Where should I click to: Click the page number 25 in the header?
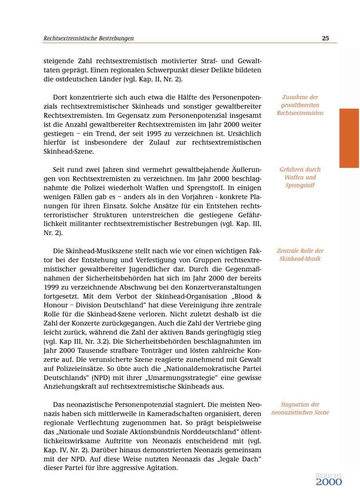click(x=325, y=38)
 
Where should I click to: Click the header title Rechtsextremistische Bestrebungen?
click(x=88, y=38)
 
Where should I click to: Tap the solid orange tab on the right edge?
click(x=349, y=138)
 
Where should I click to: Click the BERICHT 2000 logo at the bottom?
click(x=329, y=480)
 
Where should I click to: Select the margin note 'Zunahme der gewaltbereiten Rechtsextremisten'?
click(x=300, y=105)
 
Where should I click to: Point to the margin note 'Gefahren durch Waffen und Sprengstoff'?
click(x=300, y=177)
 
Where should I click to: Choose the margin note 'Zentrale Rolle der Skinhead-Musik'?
click(x=300, y=255)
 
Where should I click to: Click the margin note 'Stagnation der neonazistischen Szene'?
click(x=300, y=408)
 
